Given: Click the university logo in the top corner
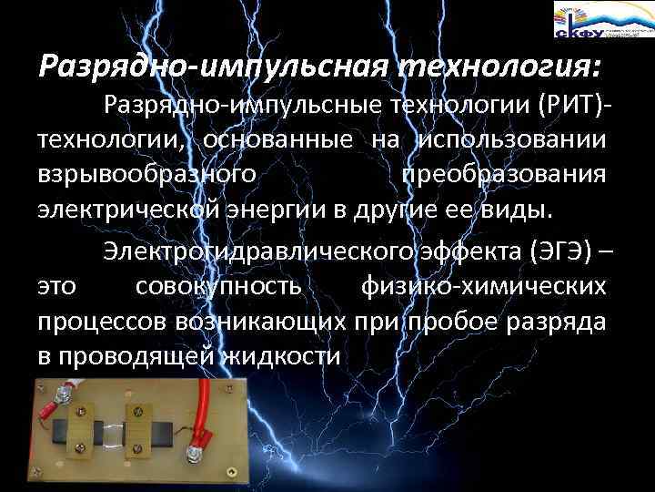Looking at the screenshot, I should tap(600, 19).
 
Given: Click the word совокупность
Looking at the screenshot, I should tap(217, 286).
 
